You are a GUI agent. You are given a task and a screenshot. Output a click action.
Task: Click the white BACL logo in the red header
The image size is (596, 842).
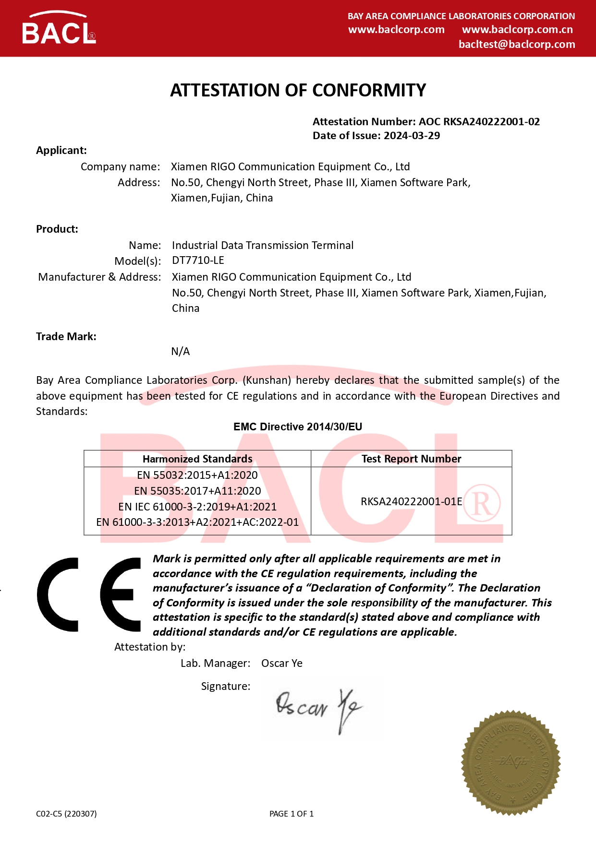(59, 30)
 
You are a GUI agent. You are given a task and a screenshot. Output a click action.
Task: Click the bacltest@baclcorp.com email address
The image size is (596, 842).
(517, 45)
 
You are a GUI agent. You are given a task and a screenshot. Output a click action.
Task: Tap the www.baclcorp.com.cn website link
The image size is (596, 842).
(517, 30)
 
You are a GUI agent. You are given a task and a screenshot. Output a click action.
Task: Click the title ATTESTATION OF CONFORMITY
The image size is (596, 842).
(298, 90)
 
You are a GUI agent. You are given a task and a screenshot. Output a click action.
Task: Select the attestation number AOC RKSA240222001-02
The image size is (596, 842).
(479, 122)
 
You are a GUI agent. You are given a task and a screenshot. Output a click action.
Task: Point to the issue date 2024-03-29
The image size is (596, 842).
(412, 136)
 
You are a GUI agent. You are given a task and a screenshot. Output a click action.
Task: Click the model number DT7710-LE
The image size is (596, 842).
(198, 261)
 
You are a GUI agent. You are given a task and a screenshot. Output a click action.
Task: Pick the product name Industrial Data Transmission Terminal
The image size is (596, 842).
(263, 246)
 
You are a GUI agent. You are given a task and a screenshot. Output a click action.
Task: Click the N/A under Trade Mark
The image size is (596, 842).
(181, 352)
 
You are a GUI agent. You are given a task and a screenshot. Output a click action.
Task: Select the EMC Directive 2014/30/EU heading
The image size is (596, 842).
(298, 427)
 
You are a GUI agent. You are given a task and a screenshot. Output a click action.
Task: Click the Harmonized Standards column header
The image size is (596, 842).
(197, 459)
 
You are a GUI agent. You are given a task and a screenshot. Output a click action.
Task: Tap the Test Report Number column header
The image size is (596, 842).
(411, 459)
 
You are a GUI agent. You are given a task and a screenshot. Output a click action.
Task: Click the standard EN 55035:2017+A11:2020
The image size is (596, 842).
(197, 491)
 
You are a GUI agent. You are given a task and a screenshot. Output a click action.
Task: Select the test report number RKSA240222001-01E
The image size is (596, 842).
(411, 502)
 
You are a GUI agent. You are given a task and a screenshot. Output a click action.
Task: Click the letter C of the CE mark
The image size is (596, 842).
(58, 594)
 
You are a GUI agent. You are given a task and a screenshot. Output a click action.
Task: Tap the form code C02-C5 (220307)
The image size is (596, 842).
(66, 814)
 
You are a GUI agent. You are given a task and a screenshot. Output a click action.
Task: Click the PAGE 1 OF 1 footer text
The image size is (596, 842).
(292, 814)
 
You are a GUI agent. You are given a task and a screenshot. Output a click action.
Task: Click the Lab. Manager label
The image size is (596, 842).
(215, 664)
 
